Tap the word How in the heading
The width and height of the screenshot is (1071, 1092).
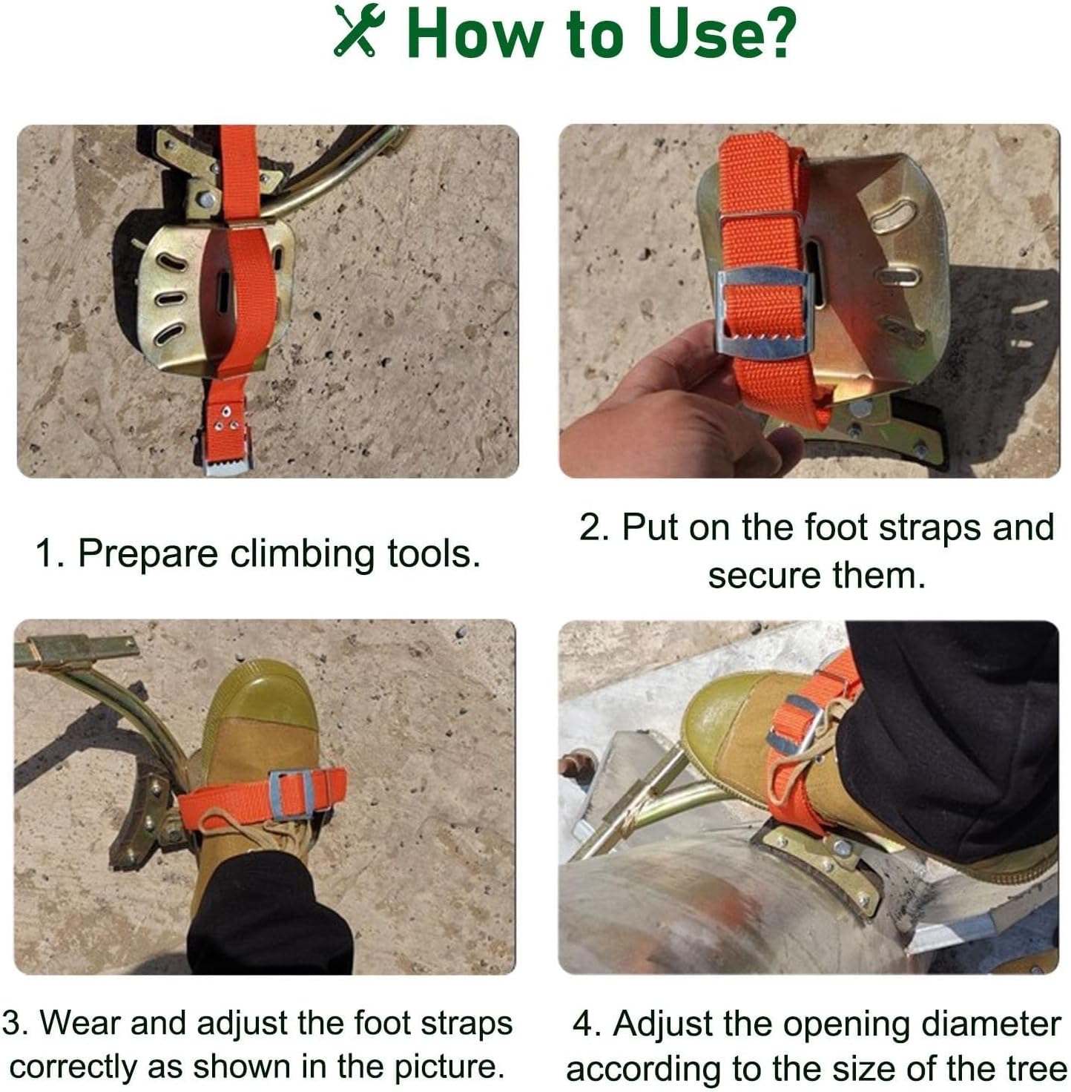pos(474,33)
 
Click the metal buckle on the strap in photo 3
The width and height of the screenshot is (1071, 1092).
pos(291,795)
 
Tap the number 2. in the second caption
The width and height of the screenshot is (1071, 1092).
pos(594,527)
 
